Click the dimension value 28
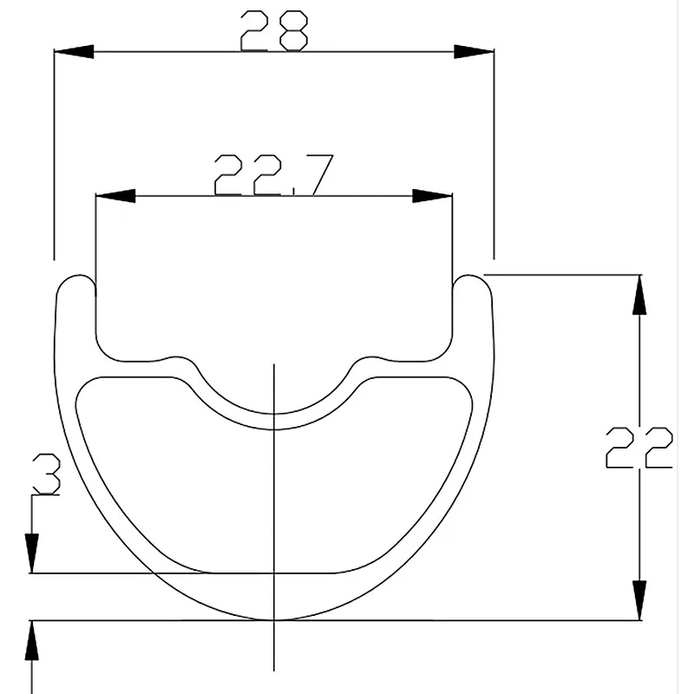point(274,31)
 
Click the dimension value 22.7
point(273,175)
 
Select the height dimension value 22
point(638,448)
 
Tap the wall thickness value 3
point(46,474)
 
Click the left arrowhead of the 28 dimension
point(74,51)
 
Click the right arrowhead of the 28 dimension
point(474,51)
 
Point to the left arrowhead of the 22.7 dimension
point(115,196)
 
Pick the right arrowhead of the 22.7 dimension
point(432,196)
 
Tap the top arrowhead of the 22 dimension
point(639,295)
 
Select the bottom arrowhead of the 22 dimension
point(639,600)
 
